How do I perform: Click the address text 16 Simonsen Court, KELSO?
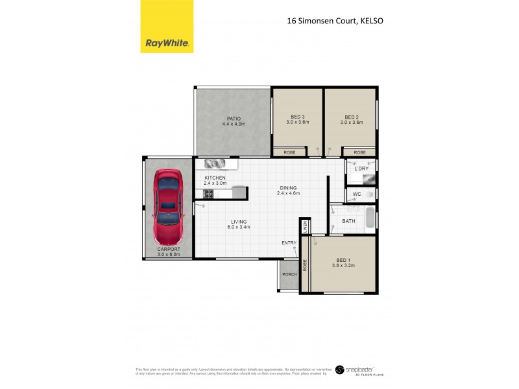[335, 20]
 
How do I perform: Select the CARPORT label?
[168, 250]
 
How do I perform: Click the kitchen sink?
[213, 163]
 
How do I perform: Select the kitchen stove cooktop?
[209, 193]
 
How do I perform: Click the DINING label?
[288, 187]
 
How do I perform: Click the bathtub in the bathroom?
[369, 218]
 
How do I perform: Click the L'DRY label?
[361, 169]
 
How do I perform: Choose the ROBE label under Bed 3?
[289, 152]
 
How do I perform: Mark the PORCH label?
[289, 274]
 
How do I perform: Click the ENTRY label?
[289, 243]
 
